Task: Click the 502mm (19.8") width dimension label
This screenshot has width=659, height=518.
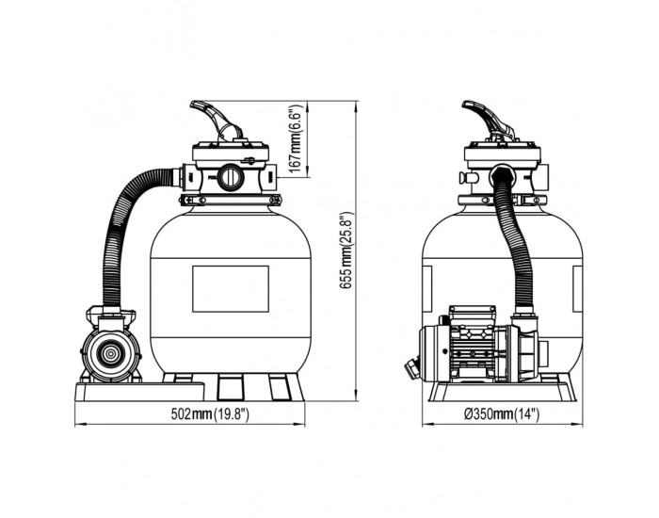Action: point(210,414)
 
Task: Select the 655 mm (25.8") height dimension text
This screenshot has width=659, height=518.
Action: point(346,251)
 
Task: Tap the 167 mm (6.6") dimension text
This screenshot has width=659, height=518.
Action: point(297,139)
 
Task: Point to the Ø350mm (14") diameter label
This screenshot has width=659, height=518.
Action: point(502,414)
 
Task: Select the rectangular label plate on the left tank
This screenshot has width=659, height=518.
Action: point(231,289)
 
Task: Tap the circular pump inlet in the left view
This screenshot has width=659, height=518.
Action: point(110,354)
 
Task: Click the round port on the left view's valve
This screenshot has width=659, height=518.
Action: point(230,177)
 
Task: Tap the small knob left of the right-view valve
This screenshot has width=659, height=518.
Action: point(468,177)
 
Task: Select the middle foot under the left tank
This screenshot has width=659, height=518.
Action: point(231,387)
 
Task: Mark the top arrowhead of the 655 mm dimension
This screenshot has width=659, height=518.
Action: point(357,105)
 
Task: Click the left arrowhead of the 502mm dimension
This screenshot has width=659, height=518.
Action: point(80,426)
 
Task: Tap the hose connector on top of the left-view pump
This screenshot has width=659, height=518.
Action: point(110,315)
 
